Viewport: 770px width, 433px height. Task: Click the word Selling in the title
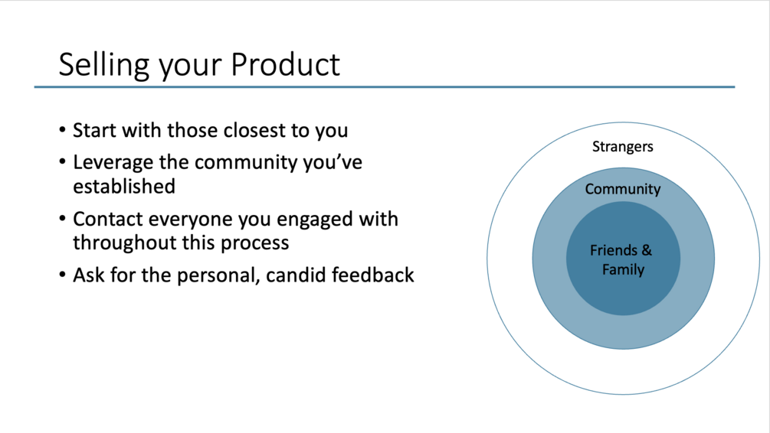pos(103,65)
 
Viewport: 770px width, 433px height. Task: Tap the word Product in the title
pos(285,64)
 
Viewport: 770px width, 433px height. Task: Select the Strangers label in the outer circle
pos(622,147)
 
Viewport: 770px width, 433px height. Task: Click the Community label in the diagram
pos(623,189)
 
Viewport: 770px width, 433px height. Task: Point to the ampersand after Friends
pos(647,250)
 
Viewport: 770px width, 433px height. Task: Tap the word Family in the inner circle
pos(623,270)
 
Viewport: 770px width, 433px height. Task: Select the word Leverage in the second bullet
pos(113,163)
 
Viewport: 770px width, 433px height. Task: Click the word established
pos(124,187)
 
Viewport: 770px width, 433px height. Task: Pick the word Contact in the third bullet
pos(108,219)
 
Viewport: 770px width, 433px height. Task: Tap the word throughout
pos(125,243)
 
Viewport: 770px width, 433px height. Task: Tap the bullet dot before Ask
pos(62,275)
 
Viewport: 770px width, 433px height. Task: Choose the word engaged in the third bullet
pos(314,220)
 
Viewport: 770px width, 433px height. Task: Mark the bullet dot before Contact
pos(62,219)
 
